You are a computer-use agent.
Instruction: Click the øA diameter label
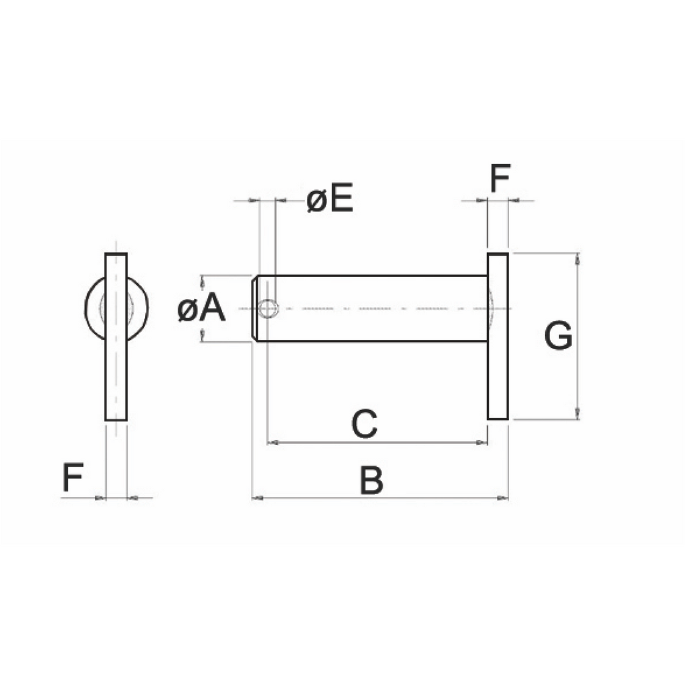(201, 308)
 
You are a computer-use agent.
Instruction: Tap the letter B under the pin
(371, 480)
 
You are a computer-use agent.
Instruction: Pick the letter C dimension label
(365, 423)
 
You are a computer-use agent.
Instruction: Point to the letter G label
(559, 336)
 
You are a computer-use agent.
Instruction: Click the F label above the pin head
(500, 178)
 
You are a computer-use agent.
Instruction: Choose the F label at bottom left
(73, 477)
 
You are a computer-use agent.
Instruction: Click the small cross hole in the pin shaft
(268, 308)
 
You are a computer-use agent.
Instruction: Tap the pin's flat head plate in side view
(498, 336)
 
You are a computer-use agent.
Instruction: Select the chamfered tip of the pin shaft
(254, 308)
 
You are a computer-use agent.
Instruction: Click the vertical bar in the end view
(116, 337)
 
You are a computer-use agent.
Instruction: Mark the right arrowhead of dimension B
(503, 498)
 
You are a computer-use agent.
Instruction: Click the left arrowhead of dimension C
(272, 443)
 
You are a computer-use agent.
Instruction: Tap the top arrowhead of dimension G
(579, 259)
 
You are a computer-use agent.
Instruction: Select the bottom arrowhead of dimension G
(579, 413)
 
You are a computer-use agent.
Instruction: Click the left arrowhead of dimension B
(258, 498)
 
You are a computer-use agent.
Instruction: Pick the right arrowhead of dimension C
(482, 443)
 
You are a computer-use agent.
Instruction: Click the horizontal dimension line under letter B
(380, 498)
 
